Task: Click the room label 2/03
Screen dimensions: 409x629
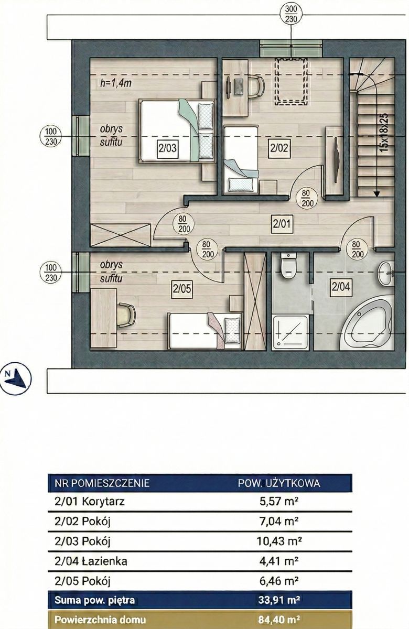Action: point(167,148)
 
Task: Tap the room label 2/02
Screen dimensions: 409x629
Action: point(279,148)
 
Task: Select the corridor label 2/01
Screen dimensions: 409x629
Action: point(282,224)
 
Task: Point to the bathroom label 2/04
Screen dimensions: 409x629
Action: point(341,287)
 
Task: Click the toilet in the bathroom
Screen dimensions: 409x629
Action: point(289,265)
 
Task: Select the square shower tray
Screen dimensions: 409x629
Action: point(290,332)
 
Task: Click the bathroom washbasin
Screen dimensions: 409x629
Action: point(386,274)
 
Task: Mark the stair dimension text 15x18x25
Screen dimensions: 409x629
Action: point(384,132)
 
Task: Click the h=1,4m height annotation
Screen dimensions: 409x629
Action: point(116,83)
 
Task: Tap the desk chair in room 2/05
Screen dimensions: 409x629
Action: point(127,315)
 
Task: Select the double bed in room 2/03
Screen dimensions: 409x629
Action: point(176,131)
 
